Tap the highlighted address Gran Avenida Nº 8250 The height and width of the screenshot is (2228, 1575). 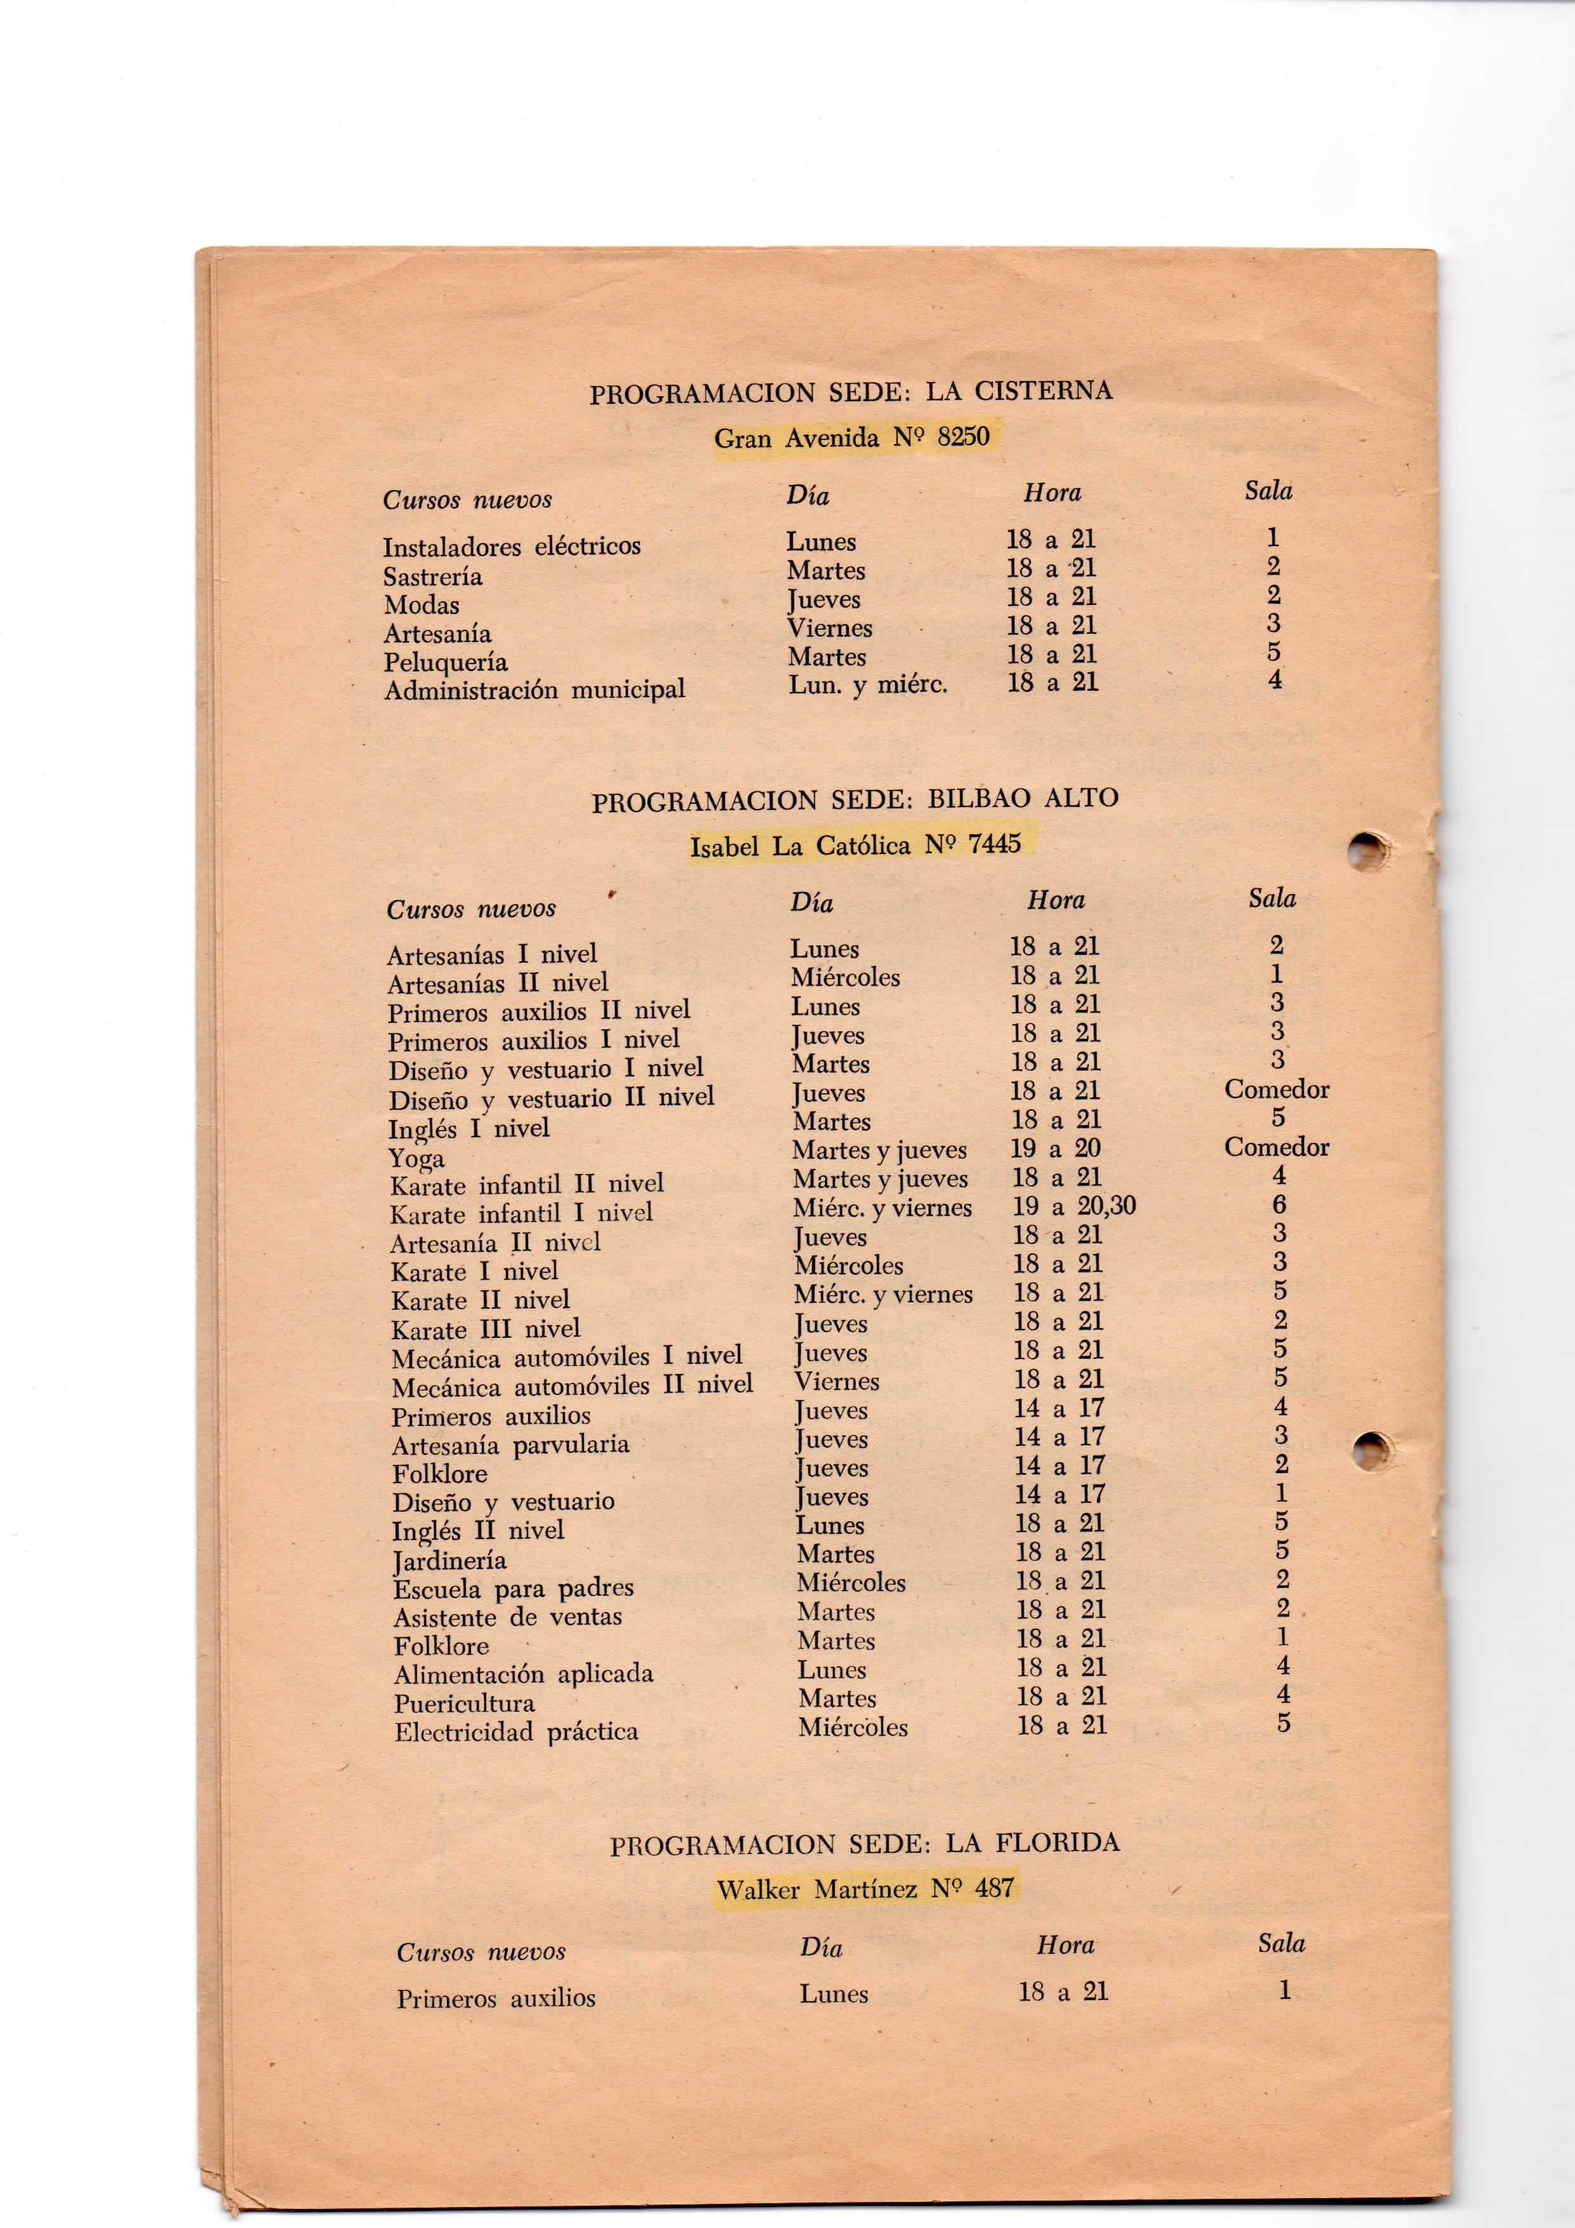coord(851,437)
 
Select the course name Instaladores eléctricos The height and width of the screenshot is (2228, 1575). coord(512,546)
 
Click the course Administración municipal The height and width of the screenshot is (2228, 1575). coord(534,690)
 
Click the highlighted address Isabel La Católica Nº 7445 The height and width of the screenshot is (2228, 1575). coord(855,845)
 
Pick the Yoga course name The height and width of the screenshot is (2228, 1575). coord(416,1157)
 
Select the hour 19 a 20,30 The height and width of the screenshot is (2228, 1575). coord(1073,1206)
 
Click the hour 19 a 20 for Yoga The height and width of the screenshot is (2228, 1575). coord(1055,1149)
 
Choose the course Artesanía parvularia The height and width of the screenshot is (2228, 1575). coord(510,1445)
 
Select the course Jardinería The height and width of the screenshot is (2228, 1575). coord(449,1561)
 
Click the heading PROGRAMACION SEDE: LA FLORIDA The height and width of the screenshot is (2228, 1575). coord(863,1844)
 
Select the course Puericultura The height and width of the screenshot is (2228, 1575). coord(464,1704)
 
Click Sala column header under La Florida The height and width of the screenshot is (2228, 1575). coord(1281,1944)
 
